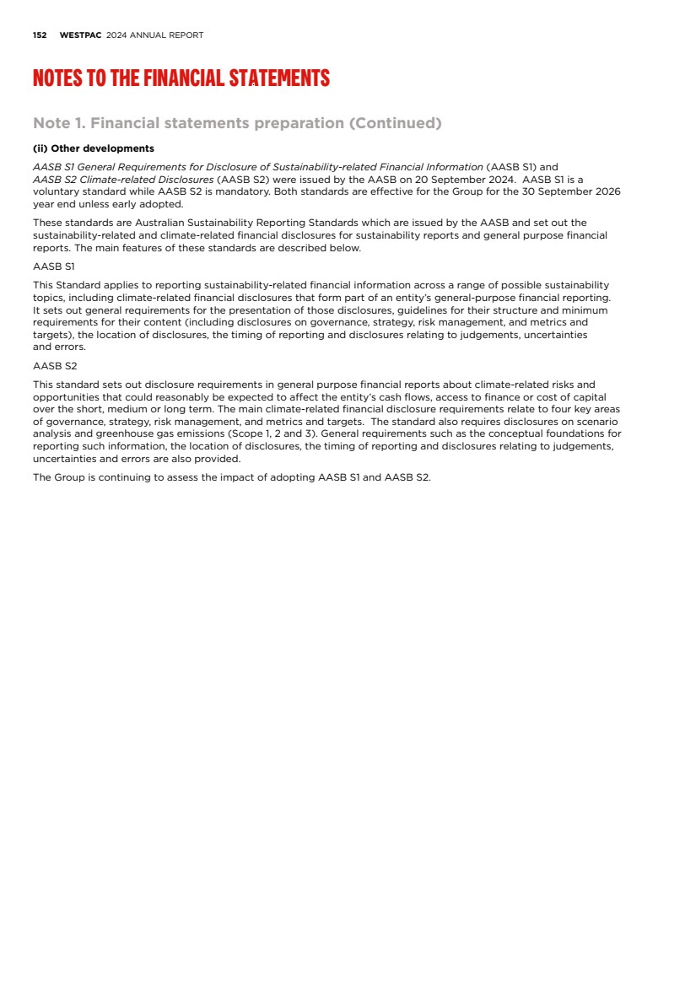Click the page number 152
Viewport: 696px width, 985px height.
39,35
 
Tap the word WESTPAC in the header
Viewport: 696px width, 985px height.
81,35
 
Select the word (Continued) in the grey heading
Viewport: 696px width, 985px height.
396,123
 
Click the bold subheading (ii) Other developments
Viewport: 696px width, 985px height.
94,148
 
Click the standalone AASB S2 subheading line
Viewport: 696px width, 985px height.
55,366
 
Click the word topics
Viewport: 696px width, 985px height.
49,298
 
